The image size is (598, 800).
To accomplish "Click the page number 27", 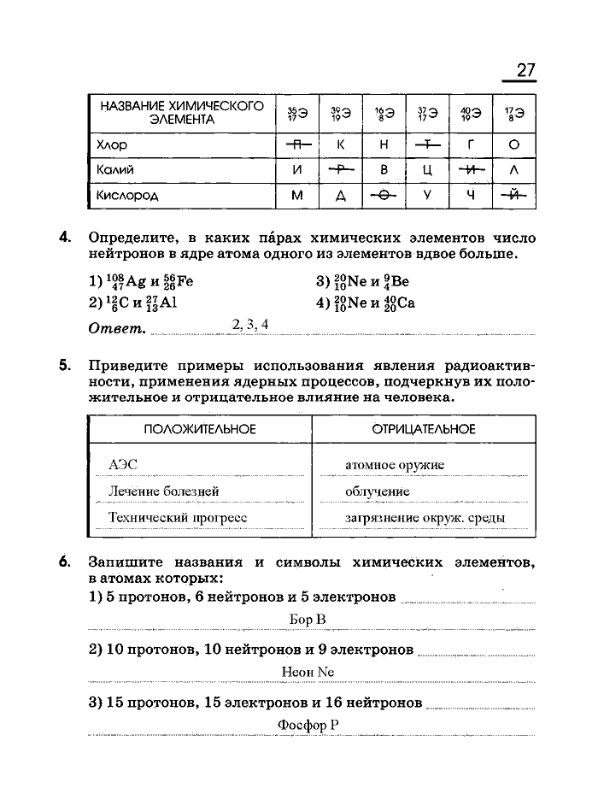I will pyautogui.click(x=525, y=70).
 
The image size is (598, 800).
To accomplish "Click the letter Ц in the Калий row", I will pyautogui.click(x=428, y=170).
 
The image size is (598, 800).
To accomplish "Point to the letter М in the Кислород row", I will pyautogui.click(x=297, y=196).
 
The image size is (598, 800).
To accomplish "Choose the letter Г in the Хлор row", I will pyautogui.click(x=471, y=145).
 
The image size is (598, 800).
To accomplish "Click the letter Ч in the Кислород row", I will pyautogui.click(x=471, y=196).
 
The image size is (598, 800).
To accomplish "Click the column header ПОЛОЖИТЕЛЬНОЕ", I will pyautogui.click(x=200, y=429).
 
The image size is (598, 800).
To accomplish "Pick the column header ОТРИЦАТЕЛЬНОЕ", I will pyautogui.click(x=424, y=429).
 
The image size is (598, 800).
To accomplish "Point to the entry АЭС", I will pyautogui.click(x=123, y=465).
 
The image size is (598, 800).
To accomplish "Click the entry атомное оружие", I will pyautogui.click(x=395, y=465).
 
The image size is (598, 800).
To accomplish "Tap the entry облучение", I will pyautogui.click(x=377, y=491).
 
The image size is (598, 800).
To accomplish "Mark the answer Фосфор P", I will pyautogui.click(x=308, y=725).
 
